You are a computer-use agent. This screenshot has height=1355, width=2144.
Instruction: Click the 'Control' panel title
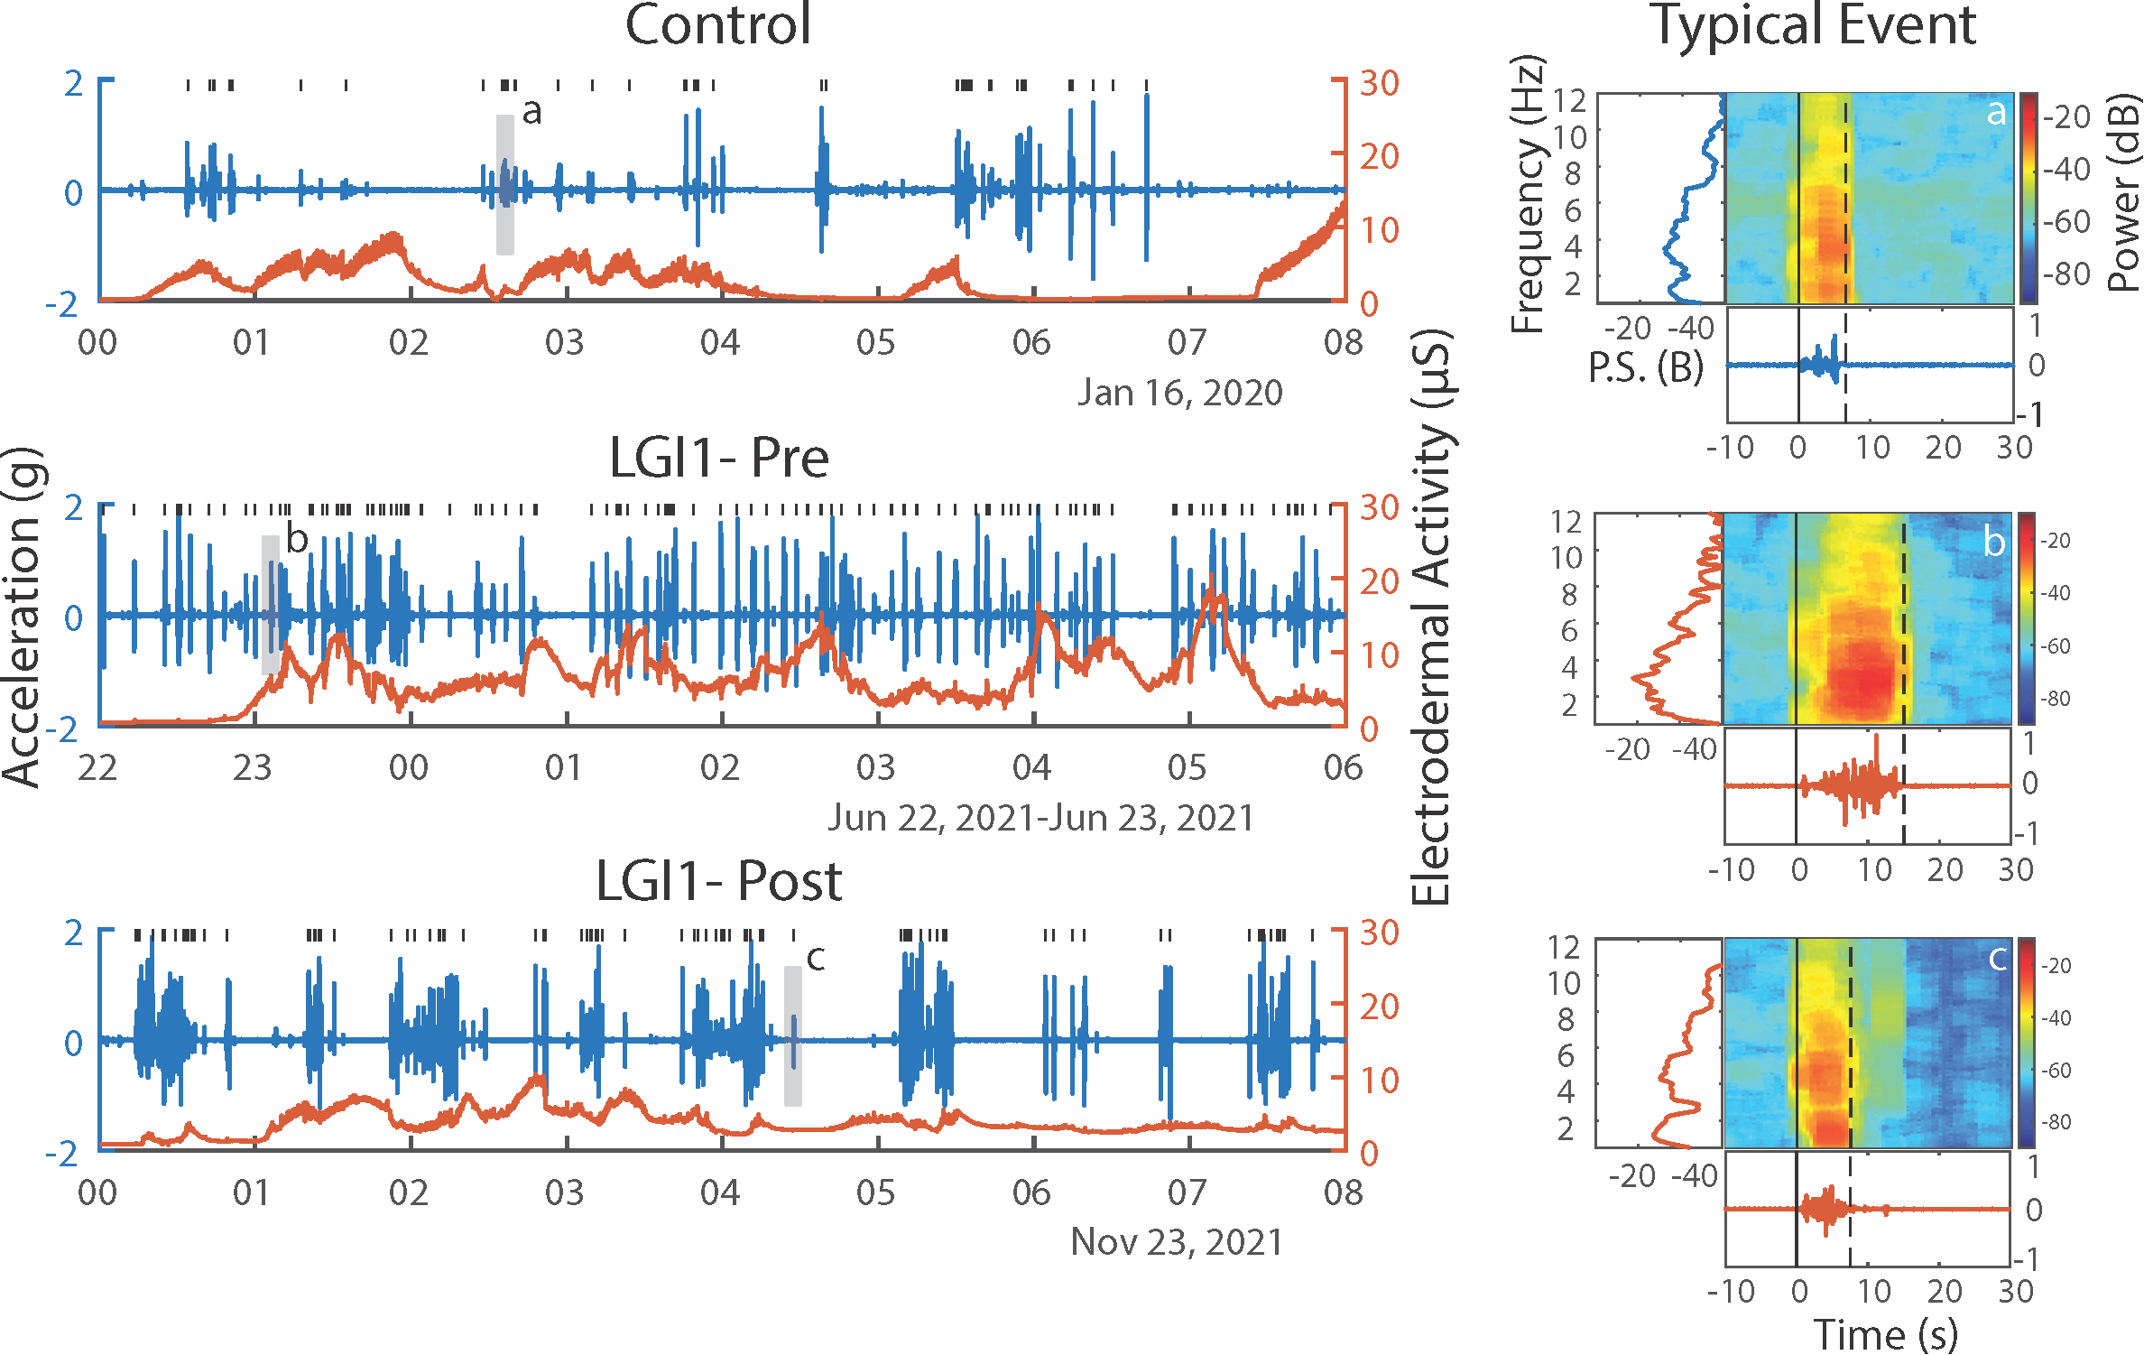tap(717, 25)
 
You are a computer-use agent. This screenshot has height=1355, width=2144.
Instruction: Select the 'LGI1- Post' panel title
tap(718, 881)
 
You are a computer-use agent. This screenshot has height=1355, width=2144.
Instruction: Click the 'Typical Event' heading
tap(1814, 25)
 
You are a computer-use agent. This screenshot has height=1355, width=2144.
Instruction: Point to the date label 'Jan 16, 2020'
tap(1179, 393)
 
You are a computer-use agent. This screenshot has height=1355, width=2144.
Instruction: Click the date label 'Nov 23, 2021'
tap(1176, 1242)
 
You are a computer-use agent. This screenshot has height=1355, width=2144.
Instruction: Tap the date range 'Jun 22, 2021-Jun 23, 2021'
tap(1040, 818)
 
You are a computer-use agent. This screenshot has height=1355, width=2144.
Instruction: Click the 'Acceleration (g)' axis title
tap(22, 617)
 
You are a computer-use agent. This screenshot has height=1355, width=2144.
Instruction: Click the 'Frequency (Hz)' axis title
tap(1527, 195)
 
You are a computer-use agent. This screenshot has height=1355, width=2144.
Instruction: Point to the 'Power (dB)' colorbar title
tap(2124, 193)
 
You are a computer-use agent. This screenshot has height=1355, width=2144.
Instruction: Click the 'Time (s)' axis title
tap(1885, 1334)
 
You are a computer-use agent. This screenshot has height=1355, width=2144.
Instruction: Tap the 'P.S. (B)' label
tap(1645, 367)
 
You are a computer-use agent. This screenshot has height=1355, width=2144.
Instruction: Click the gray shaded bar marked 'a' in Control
tap(505, 185)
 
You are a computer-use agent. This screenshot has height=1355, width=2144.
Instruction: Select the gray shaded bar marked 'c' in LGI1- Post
tap(792, 1035)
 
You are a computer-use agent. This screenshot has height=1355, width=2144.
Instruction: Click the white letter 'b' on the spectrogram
tap(1994, 542)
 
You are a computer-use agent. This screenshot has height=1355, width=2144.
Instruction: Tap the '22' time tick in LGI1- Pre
tap(97, 767)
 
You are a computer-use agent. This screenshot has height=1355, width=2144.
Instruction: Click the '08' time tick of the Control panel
tap(1343, 342)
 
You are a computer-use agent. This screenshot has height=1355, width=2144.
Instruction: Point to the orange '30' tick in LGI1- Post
tap(1379, 933)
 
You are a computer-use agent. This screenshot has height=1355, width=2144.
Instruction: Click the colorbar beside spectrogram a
tap(2028, 197)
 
